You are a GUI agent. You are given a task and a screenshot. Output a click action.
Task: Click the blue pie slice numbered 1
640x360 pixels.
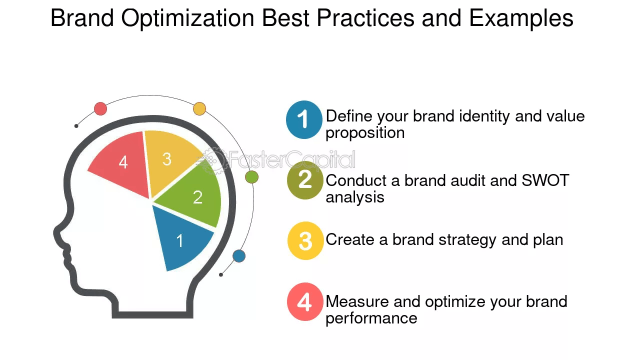pos(181,237)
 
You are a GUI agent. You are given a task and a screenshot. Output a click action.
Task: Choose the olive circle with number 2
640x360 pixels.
pos(305,180)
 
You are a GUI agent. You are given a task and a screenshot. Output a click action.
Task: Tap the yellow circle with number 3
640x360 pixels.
pos(305,240)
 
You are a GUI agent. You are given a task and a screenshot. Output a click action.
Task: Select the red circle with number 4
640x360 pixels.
pos(305,302)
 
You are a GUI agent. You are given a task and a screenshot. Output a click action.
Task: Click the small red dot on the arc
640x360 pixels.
pos(100,108)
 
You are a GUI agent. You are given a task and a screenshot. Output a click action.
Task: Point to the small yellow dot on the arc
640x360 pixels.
pos(199,108)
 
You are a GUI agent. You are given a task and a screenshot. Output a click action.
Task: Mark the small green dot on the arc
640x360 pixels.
pos(251,176)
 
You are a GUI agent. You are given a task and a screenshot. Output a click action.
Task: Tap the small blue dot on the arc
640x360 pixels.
pos(239,256)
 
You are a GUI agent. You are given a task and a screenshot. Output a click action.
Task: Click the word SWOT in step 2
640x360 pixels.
pos(545,180)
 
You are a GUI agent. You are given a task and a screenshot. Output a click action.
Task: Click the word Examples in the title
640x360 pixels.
pos(521,18)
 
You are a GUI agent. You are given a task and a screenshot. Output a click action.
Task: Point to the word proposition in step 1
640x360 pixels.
pos(365,133)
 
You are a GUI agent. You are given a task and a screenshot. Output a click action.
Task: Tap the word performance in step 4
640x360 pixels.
pos(371,318)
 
